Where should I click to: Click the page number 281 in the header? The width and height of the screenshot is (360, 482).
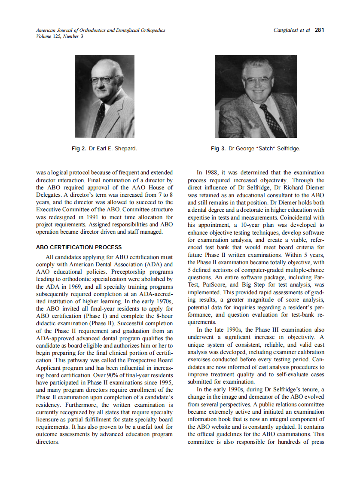[x=319, y=30]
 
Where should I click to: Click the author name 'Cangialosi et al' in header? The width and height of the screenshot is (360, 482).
[x=292, y=30]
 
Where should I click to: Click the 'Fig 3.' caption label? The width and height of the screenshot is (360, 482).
[x=218, y=149]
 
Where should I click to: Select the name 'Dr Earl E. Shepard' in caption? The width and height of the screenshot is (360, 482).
[x=113, y=149]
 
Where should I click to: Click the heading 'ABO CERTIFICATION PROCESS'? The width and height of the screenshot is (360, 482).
[x=79, y=247]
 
